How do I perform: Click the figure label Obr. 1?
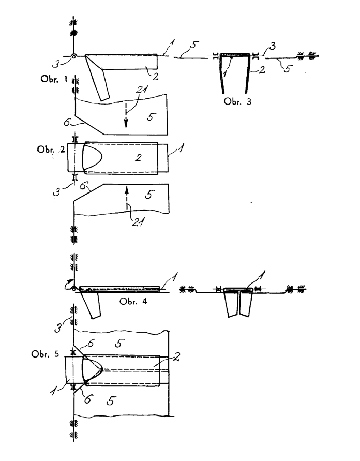pyautogui.click(x=54, y=79)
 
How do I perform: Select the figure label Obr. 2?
pyautogui.click(x=51, y=150)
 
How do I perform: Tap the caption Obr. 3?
pyautogui.click(x=237, y=101)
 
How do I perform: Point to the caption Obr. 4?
pyautogui.click(x=133, y=301)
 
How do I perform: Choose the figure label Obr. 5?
pyautogui.click(x=45, y=354)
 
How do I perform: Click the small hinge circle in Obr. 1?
pyautogui.click(x=74, y=56)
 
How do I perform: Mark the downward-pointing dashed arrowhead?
pyautogui.click(x=126, y=123)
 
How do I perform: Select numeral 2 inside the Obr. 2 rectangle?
pyautogui.click(x=138, y=158)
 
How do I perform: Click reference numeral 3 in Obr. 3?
pyautogui.click(x=273, y=46)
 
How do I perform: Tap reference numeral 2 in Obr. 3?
pyautogui.click(x=262, y=70)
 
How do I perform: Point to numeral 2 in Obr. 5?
pyautogui.click(x=176, y=357)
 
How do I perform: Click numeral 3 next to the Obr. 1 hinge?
pyautogui.click(x=56, y=64)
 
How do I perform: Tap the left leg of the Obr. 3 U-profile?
pyautogui.click(x=220, y=74)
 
